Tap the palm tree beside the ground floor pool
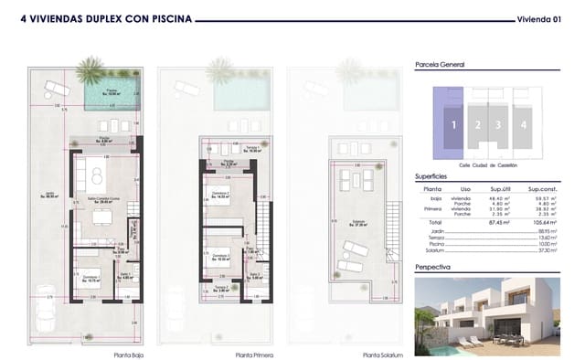[91, 68]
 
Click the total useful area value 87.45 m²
[499, 221]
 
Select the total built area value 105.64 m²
[542, 221]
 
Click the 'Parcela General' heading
[440, 65]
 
